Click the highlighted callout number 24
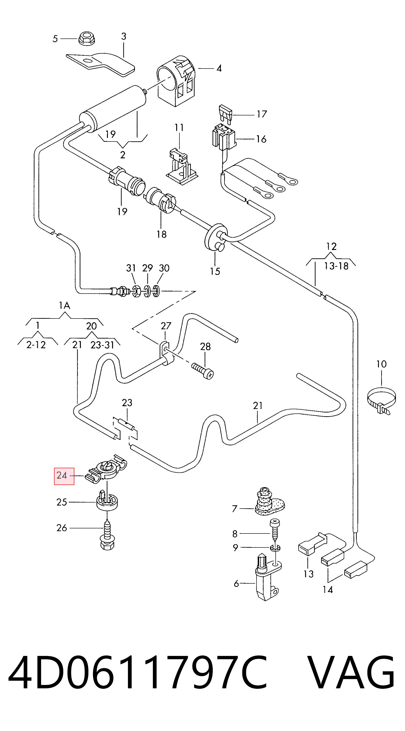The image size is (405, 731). [62, 475]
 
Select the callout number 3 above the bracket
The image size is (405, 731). [124, 37]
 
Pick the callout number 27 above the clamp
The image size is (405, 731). [166, 326]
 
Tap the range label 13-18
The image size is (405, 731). [336, 266]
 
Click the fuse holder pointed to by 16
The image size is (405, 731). [225, 137]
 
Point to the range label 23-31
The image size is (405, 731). [102, 345]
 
